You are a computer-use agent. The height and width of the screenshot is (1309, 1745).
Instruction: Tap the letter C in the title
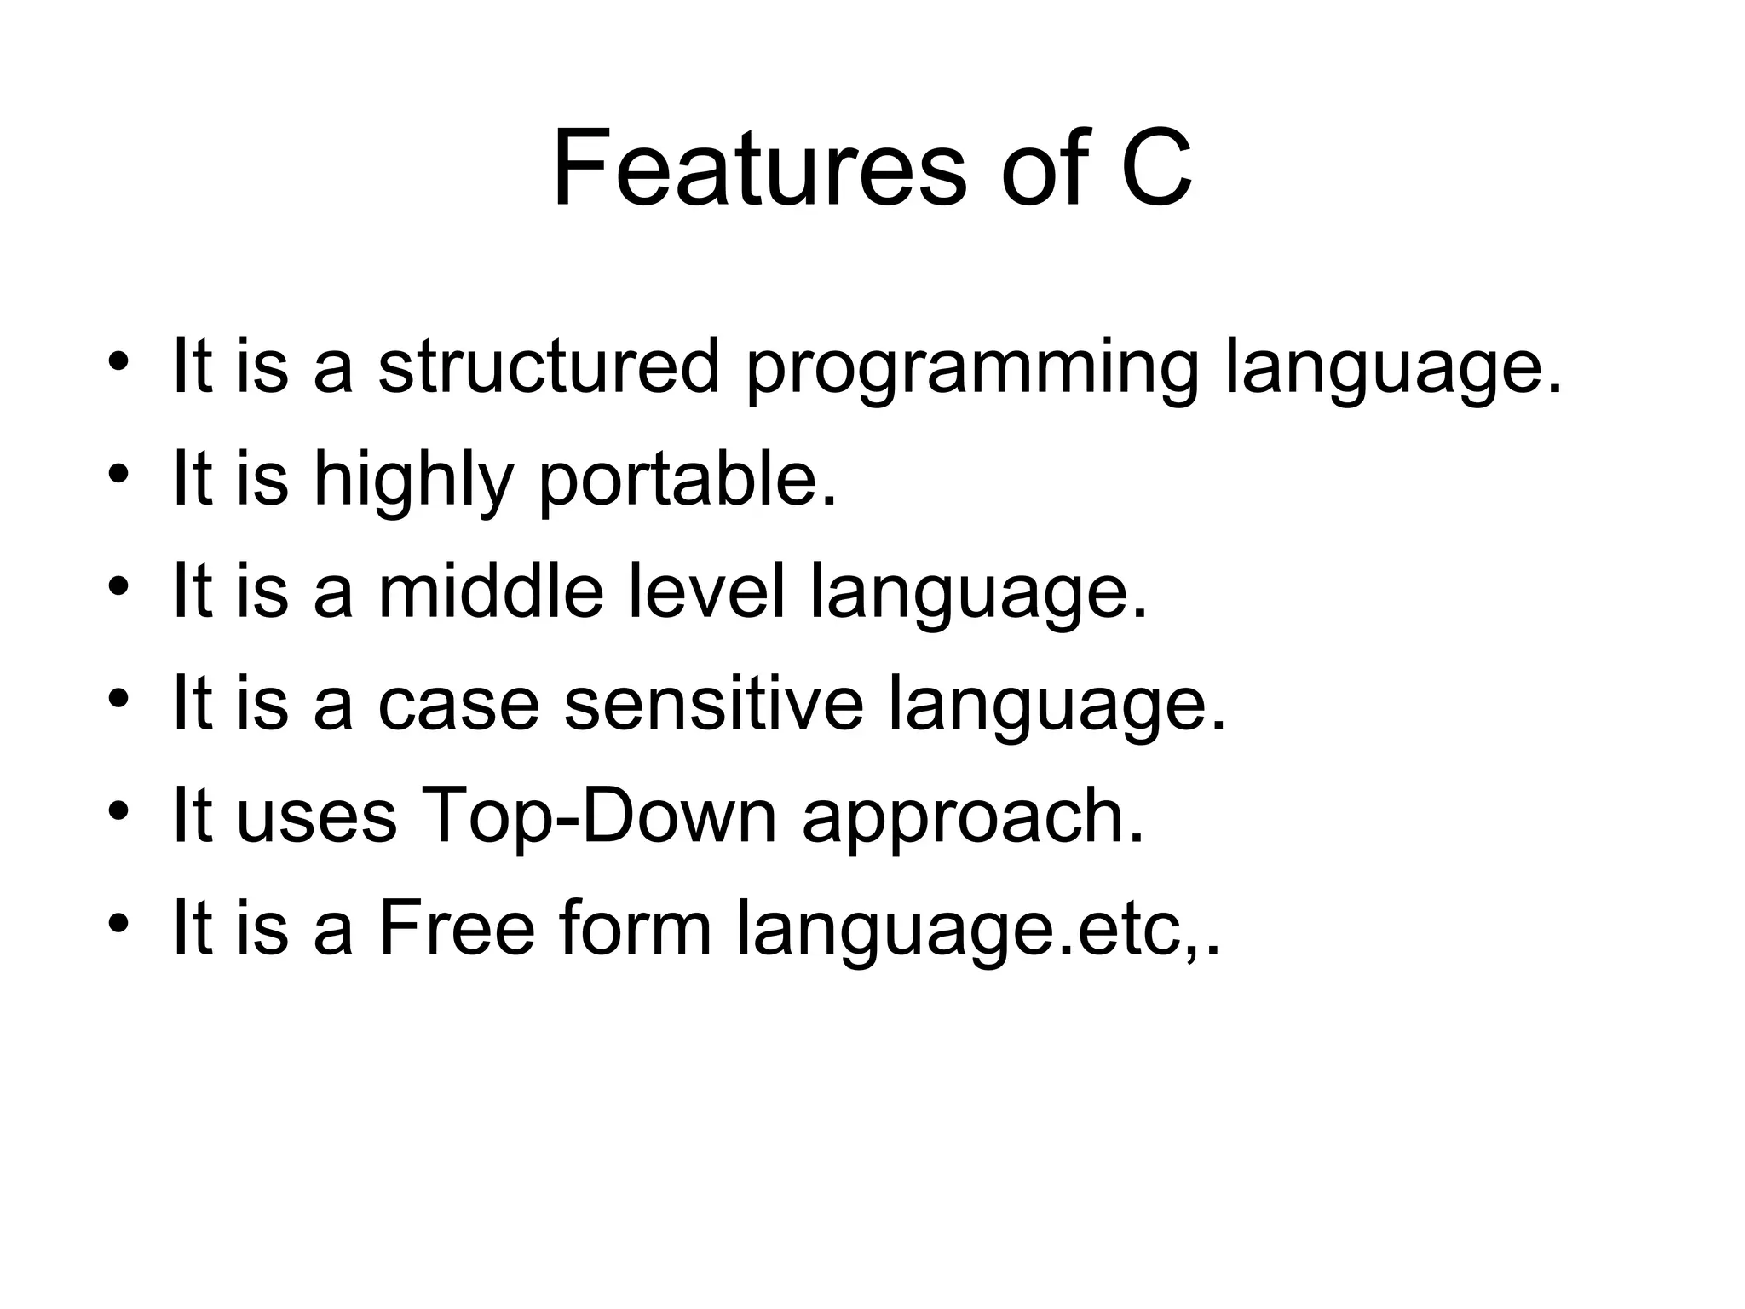[1156, 168]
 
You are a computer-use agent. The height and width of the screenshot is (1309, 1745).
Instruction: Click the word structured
[549, 366]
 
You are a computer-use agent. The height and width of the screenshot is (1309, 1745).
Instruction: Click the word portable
[687, 482]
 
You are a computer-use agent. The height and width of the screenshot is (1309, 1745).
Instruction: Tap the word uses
[316, 820]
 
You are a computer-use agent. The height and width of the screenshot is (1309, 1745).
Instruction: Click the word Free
[456, 928]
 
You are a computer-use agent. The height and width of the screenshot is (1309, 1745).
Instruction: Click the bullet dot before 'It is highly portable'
[118, 474]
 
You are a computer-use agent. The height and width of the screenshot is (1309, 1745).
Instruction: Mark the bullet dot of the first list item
[118, 361]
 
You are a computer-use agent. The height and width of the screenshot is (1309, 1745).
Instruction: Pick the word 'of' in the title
[1045, 168]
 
